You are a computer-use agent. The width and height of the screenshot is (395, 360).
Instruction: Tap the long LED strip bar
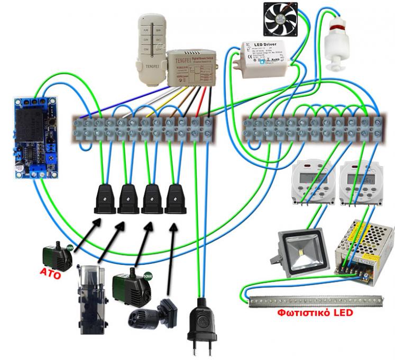(x=316, y=301)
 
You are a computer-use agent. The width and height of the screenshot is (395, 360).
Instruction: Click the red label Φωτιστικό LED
(x=315, y=312)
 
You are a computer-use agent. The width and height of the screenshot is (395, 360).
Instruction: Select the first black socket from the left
(x=104, y=199)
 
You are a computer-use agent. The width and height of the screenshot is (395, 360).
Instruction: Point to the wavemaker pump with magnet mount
(x=154, y=315)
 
